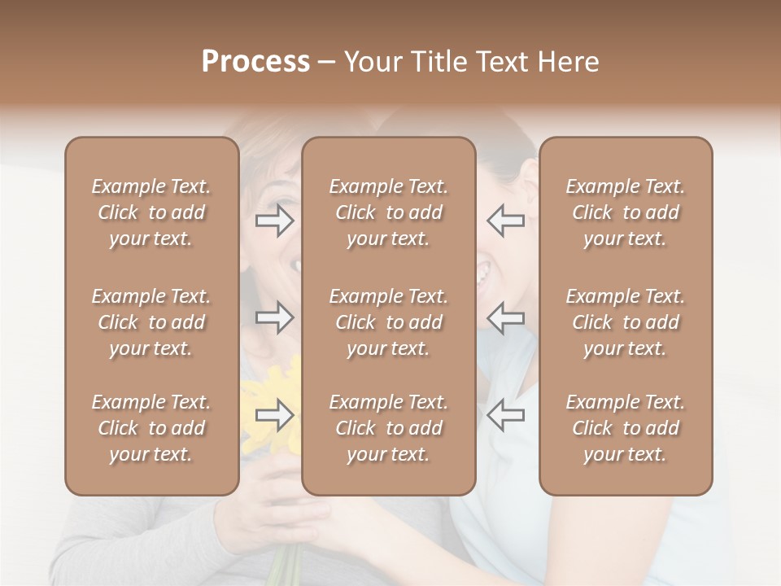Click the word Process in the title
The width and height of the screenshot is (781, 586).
click(x=255, y=62)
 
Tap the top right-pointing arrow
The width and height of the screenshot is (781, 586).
click(x=274, y=221)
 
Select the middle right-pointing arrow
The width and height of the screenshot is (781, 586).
click(x=274, y=317)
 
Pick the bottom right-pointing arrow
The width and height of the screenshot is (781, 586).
click(x=274, y=416)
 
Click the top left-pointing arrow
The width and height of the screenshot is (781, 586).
click(x=505, y=221)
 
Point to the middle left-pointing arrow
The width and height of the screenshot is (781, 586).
click(x=505, y=317)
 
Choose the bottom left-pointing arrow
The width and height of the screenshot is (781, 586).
click(x=505, y=416)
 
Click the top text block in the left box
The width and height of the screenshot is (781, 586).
click(x=151, y=212)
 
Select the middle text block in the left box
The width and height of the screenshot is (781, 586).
click(x=151, y=322)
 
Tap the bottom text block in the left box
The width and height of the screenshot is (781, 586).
click(x=151, y=428)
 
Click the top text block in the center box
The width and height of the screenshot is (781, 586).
click(x=388, y=212)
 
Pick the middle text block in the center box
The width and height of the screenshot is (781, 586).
click(x=388, y=322)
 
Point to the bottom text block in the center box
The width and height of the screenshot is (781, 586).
click(x=388, y=428)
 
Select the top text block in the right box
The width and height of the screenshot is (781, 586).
click(x=626, y=212)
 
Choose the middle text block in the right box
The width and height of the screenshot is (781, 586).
click(x=626, y=322)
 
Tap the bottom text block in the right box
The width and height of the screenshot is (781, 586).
click(x=626, y=428)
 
